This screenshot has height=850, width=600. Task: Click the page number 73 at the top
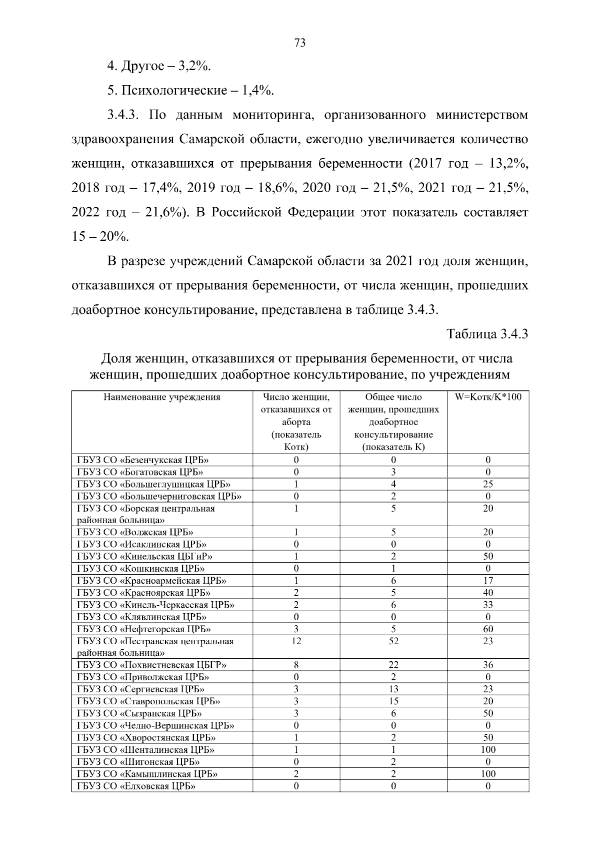coord(300,43)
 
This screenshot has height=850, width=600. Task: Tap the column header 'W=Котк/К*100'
coord(487,397)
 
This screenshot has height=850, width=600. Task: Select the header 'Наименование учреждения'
coord(162,397)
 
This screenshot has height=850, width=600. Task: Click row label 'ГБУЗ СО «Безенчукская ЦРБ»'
coord(143,460)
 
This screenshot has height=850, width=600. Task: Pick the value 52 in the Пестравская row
coord(393,641)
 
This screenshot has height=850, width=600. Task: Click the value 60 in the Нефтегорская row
coord(488,629)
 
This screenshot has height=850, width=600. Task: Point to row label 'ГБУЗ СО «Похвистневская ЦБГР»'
coord(151,665)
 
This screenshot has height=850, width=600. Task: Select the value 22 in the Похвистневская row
coord(393,665)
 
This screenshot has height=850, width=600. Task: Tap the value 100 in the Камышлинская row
coord(488,774)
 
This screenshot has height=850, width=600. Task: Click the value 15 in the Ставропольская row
coord(393,701)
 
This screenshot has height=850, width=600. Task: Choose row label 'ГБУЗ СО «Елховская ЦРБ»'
coord(136,786)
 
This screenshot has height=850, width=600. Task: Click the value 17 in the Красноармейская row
coord(488,581)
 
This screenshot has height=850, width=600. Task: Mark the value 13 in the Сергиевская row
coord(393,689)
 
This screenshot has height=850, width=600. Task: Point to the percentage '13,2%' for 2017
coord(507,164)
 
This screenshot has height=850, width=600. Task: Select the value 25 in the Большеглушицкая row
coord(488,484)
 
